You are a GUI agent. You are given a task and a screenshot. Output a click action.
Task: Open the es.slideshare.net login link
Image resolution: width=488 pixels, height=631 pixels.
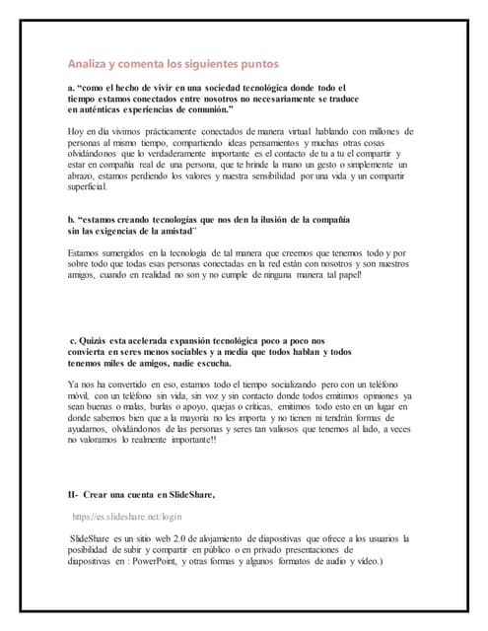[127, 516]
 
